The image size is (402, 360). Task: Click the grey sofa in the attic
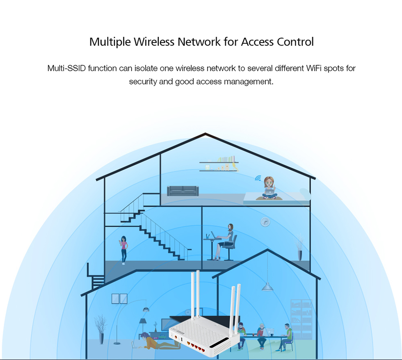click(183, 190)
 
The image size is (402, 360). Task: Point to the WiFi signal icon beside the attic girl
click(258, 178)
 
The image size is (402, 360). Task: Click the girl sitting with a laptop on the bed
click(269, 188)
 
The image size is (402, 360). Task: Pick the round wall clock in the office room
click(265, 222)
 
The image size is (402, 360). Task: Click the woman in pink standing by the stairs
click(123, 249)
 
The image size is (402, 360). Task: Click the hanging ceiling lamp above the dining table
click(267, 286)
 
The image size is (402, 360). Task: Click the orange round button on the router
click(177, 337)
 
